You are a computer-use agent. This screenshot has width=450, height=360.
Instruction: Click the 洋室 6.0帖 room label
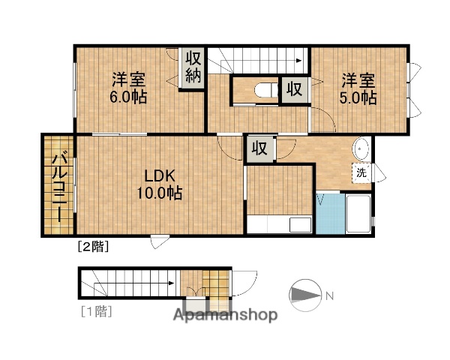coord(129,88)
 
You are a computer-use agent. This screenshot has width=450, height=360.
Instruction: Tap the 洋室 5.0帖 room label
coord(359,88)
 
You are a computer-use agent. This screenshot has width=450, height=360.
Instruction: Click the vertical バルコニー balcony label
coord(58,187)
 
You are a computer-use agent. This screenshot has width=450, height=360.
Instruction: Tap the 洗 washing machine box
coord(362,172)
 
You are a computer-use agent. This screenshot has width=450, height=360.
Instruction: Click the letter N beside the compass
coord(328,295)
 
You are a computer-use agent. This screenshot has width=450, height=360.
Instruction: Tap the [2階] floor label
coord(92,246)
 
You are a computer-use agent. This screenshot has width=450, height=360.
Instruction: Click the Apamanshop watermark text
coord(226,314)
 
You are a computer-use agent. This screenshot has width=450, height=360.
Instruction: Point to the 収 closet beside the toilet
coord(295,89)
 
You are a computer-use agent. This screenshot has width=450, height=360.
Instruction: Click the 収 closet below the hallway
coord(259,148)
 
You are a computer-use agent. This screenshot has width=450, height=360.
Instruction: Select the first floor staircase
coord(131,284)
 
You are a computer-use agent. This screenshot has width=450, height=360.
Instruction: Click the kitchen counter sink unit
coord(280,224)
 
